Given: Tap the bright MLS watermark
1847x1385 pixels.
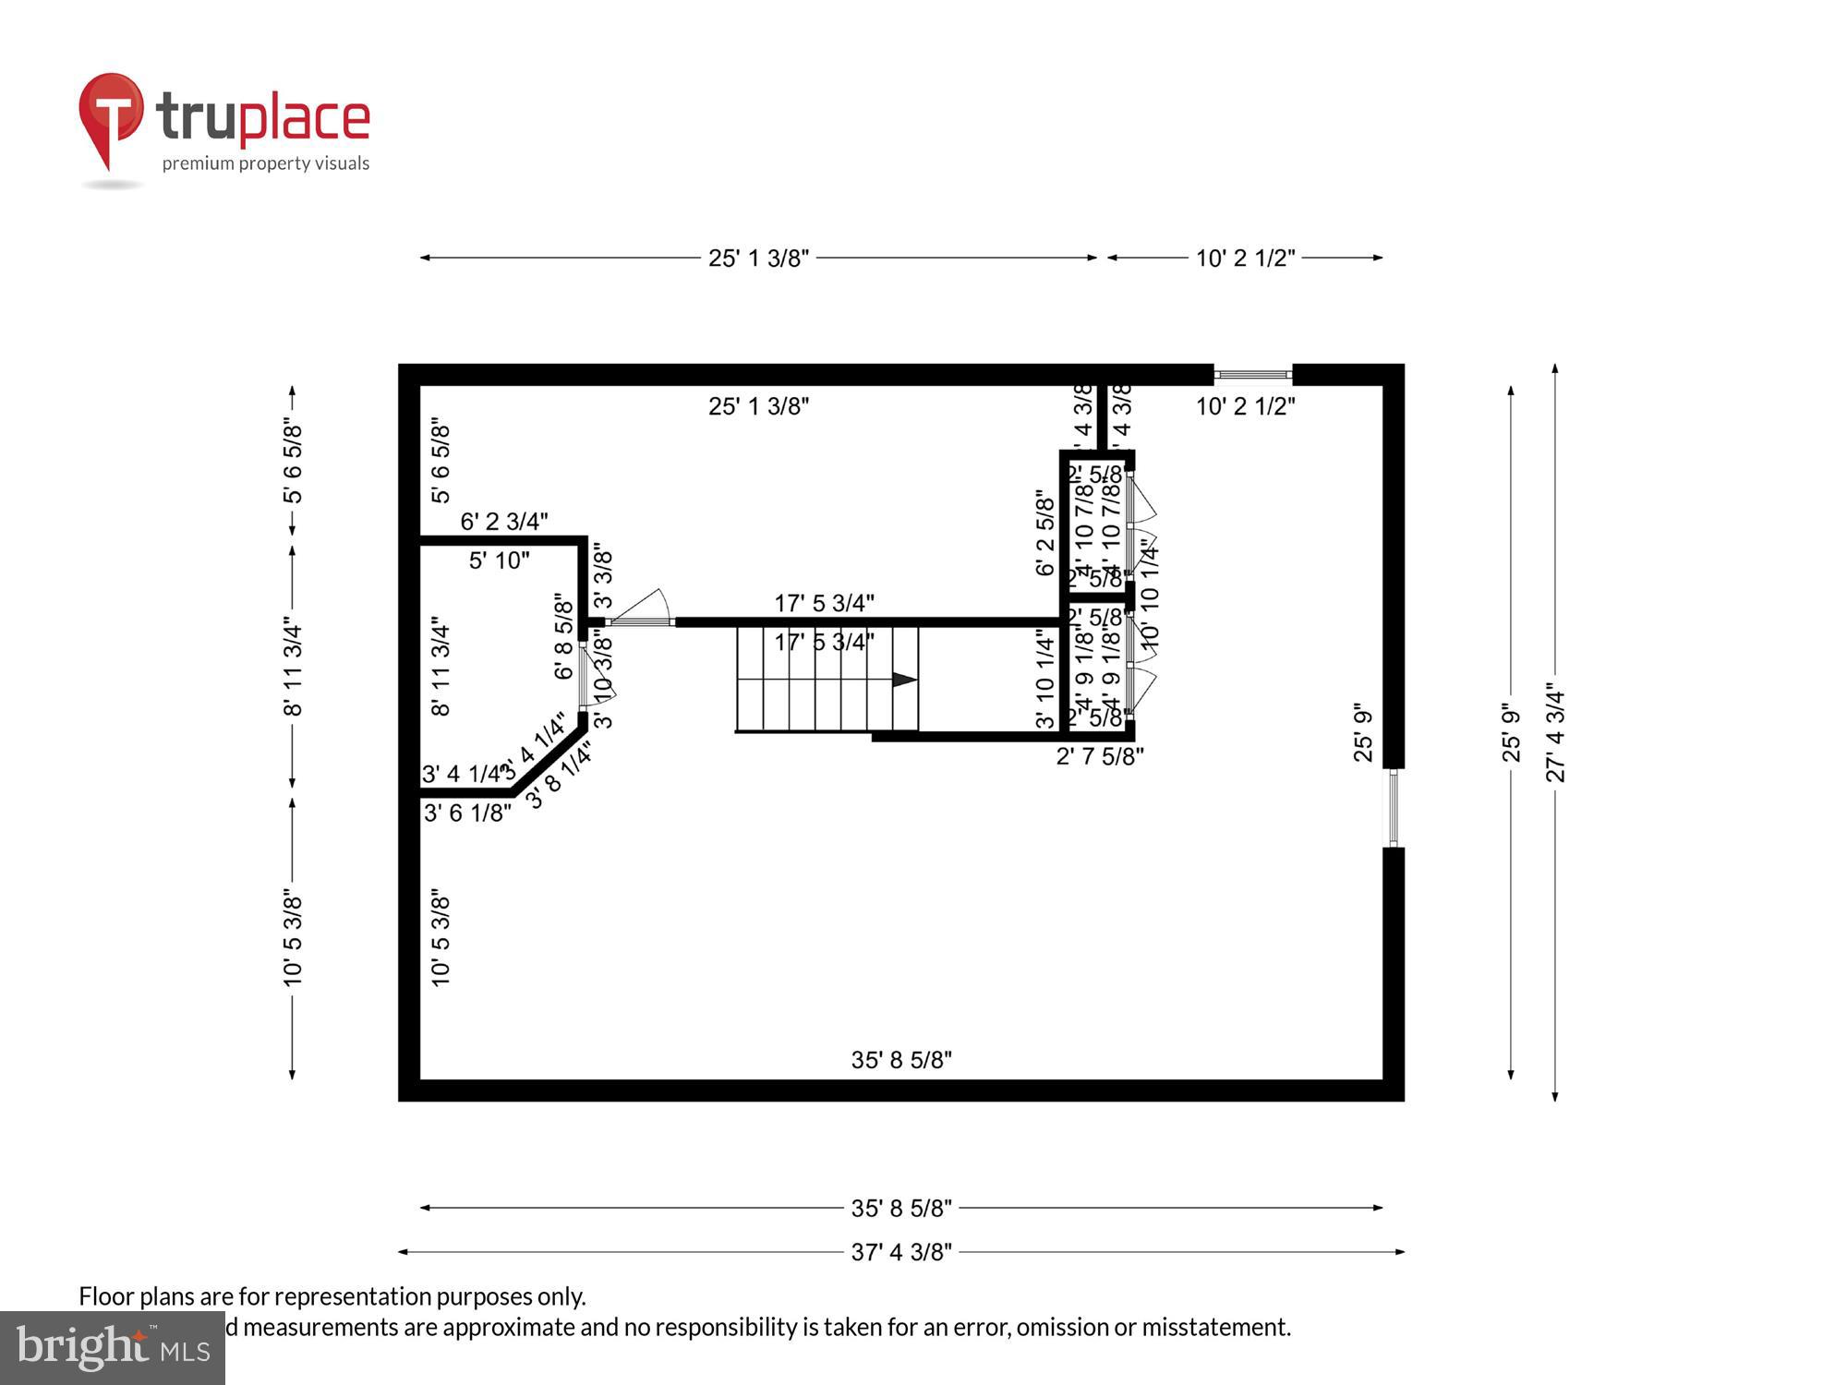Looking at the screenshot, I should coord(113,1347).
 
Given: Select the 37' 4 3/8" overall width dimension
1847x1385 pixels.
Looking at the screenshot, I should coord(900,1252).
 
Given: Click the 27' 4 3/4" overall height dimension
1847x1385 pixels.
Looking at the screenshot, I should coord(1556,732).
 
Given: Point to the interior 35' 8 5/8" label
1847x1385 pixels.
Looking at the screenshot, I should coord(900,1060).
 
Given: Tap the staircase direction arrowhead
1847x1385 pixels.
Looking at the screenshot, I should coord(904,680).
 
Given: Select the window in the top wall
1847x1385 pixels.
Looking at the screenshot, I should coord(1252,375).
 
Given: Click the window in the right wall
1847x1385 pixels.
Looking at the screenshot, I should coord(1394,808).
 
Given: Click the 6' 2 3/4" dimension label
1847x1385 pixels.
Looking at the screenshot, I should coord(503,522).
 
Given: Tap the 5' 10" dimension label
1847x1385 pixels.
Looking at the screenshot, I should coord(499,560).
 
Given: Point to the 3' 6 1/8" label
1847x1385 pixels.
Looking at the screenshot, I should coord(466,813).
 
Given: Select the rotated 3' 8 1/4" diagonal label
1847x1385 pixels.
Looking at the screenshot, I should coord(559,777).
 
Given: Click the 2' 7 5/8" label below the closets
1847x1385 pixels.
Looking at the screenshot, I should coord(1099,756).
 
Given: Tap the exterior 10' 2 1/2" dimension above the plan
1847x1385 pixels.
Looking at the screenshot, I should coord(1245,259).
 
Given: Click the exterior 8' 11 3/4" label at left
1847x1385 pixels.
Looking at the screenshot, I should coord(293,667).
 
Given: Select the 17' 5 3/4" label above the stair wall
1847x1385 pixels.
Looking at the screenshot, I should coord(824,603).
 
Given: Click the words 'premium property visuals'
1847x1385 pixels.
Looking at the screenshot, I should coord(266,163).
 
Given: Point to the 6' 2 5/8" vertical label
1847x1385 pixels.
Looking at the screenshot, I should coord(1044,533).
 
